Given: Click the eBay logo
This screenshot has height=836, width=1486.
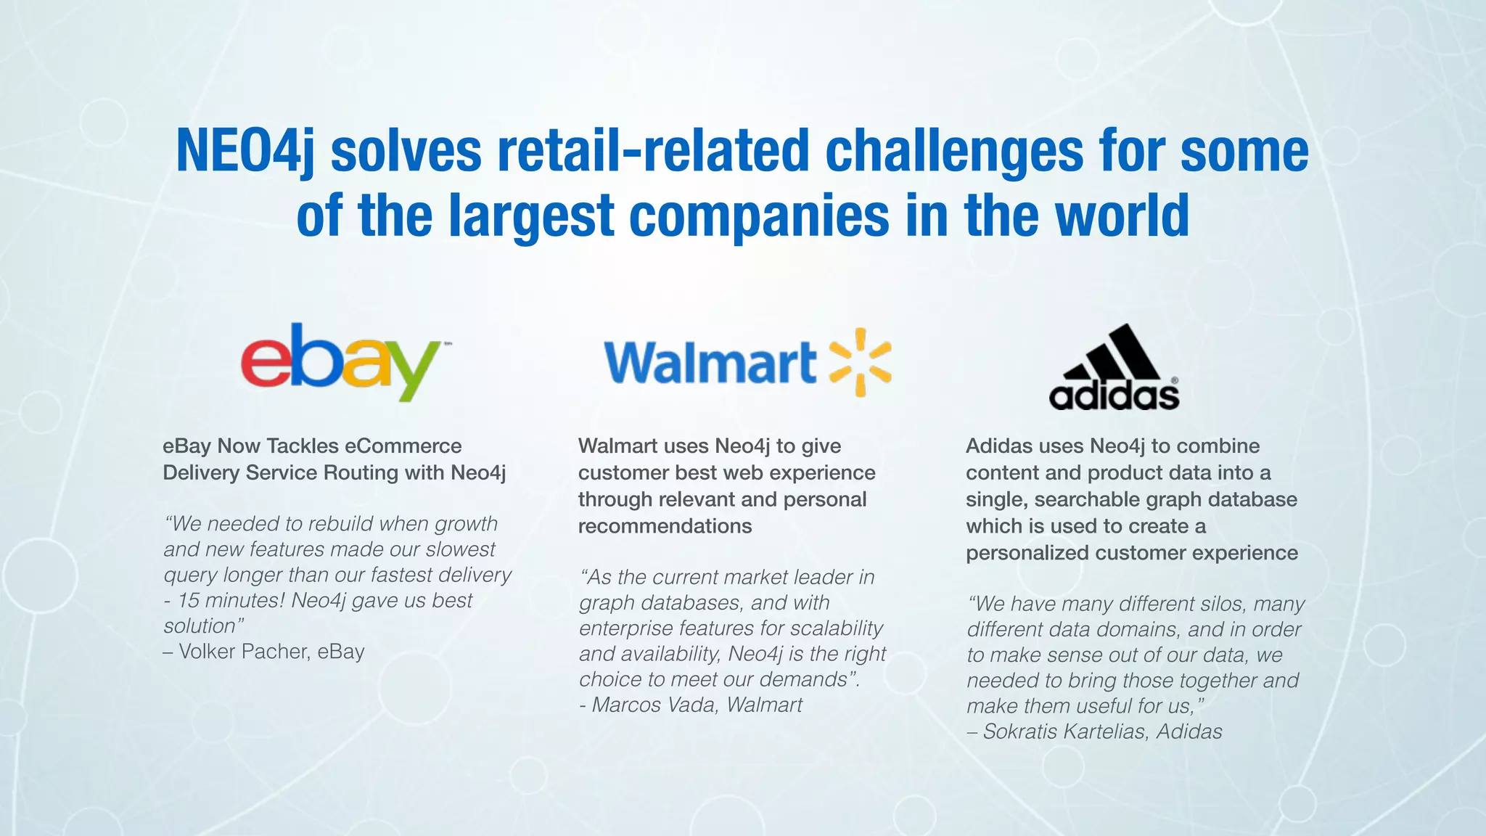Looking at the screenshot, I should point(341,362).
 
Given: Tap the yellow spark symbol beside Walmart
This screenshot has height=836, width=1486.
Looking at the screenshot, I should point(860,362).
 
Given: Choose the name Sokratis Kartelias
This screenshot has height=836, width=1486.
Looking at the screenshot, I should point(1065,731).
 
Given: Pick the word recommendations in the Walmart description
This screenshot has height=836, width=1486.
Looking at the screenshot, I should point(665,526).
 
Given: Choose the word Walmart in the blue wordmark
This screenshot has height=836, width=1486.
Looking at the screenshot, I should point(710,363).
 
